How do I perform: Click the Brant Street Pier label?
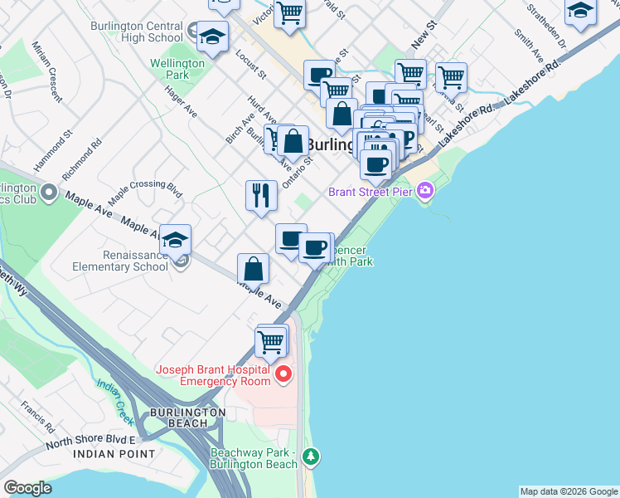coord(371,192)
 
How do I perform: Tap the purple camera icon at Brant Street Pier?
coord(425,192)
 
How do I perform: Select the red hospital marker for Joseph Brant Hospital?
coord(284,374)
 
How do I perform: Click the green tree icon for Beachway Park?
coord(311,456)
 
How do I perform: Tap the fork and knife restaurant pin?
coord(261,196)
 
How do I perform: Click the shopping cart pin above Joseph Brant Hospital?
coord(271,340)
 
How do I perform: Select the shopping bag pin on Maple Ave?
coord(253,270)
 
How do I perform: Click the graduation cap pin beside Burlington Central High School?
coord(212,37)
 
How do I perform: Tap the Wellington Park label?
coord(177,69)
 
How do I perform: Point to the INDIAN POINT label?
coord(114,454)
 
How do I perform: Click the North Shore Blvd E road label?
coord(90,441)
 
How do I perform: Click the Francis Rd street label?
coord(38,417)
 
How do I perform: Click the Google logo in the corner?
coord(28,488)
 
